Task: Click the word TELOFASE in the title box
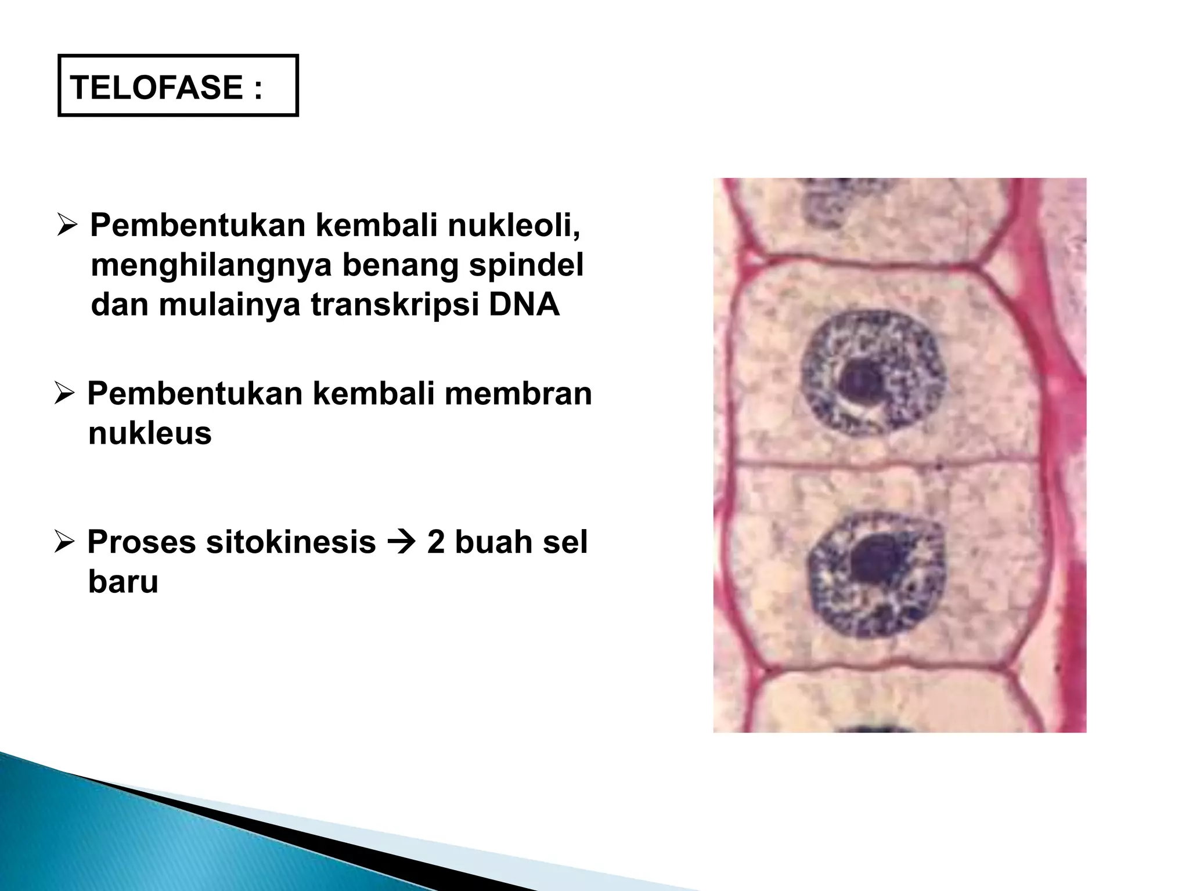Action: point(156,88)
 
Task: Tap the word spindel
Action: point(525,265)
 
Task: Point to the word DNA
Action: point(524,305)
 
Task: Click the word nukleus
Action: point(150,433)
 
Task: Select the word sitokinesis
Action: point(289,542)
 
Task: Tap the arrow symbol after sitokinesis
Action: point(401,543)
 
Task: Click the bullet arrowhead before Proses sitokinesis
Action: point(64,542)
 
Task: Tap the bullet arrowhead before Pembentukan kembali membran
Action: point(64,394)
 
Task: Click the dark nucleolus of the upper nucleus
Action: point(859,381)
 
